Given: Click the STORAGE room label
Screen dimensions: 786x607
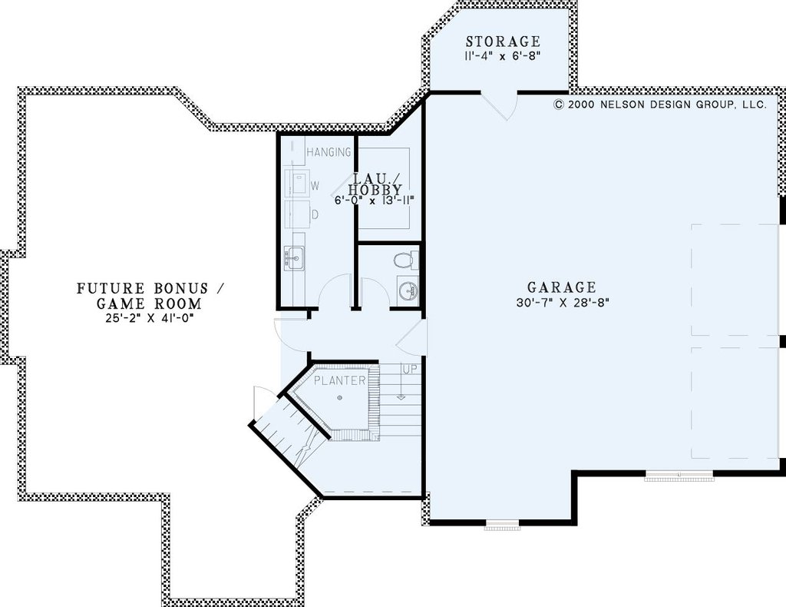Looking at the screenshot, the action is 503,41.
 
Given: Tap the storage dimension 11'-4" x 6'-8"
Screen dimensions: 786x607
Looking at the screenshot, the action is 503,55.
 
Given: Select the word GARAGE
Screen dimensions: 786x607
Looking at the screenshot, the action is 561,287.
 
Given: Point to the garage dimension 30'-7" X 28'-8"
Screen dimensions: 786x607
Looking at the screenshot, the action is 562,303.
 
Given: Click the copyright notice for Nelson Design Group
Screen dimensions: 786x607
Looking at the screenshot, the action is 660,104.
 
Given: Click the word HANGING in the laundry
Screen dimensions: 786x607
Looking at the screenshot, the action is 329,152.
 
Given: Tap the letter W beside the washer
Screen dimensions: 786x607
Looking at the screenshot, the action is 315,186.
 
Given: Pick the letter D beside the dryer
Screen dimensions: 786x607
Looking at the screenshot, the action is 315,214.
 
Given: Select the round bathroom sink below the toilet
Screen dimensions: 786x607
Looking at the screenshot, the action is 407,290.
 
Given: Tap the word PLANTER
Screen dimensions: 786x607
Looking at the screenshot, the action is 340,380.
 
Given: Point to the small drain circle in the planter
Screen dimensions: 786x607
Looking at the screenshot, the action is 340,398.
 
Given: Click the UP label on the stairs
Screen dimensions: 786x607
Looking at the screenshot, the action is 410,370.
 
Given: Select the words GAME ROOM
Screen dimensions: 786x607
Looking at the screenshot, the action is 149,303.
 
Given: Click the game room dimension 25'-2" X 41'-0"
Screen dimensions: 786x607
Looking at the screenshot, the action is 150,317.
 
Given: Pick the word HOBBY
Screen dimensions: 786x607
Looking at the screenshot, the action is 375,190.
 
